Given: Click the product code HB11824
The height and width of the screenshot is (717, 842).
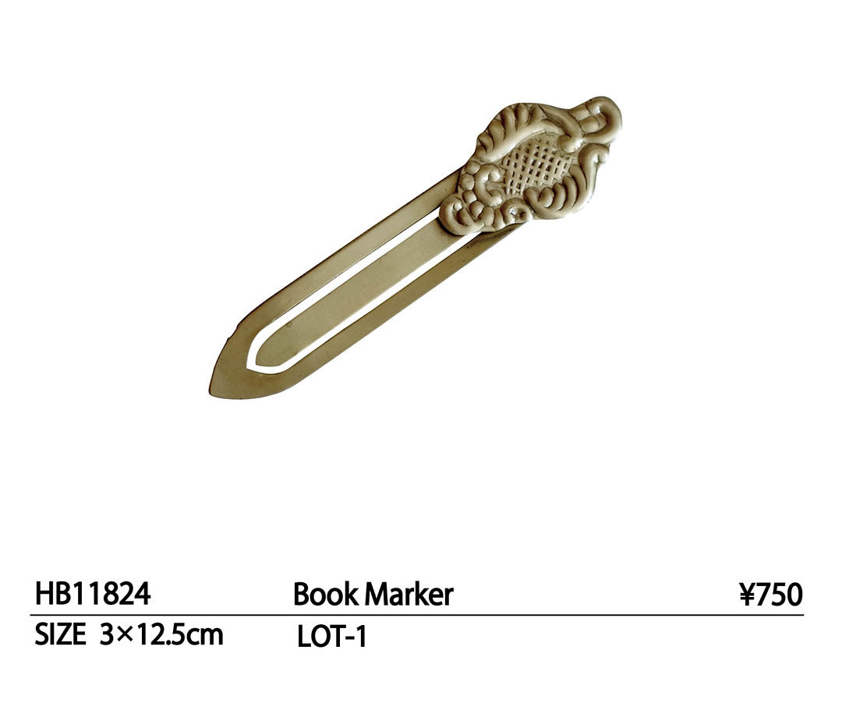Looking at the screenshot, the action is point(93,594).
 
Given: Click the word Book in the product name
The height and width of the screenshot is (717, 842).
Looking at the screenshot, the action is point(325,595).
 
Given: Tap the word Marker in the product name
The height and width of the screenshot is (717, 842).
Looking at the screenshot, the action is point(409,595).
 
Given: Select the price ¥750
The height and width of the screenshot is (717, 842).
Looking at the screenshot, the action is point(770,595).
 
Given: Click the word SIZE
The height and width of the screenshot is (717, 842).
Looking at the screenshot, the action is point(60,635).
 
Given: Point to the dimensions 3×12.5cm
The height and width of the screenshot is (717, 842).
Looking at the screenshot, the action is point(161,635).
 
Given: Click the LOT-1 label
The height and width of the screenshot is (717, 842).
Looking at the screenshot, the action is point(332,637).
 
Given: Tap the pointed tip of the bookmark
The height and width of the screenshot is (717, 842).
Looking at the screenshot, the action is point(210,391).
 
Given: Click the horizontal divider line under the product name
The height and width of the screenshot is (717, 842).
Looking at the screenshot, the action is point(416,614).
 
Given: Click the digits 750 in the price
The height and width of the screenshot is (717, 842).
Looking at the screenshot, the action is point(780,595).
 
